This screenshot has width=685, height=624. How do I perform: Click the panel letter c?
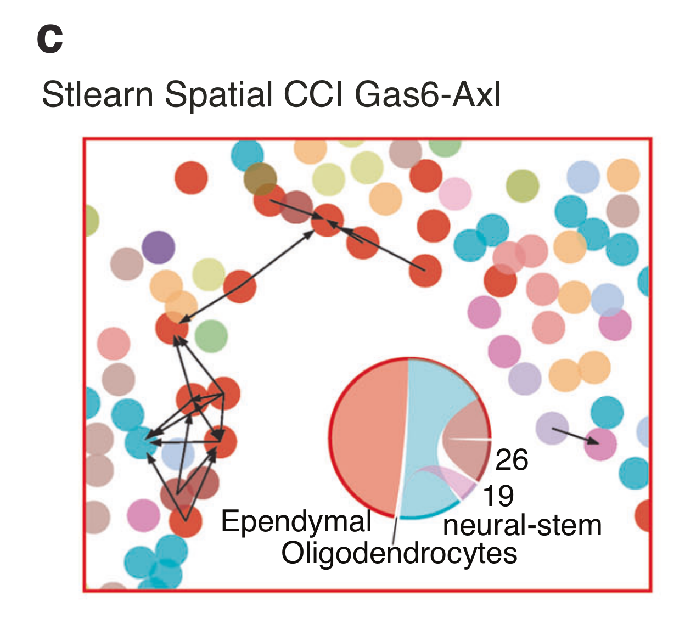click(49, 40)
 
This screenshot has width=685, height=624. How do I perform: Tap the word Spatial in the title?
click(218, 94)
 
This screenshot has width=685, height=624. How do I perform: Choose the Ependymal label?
click(296, 521)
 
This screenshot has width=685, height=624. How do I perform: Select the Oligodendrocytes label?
click(399, 553)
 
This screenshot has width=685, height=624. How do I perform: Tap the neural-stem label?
click(522, 525)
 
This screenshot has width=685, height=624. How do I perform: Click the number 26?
click(512, 459)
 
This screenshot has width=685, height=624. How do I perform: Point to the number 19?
click(498, 496)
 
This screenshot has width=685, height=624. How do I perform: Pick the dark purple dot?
click(158, 247)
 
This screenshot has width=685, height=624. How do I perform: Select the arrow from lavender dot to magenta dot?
click(576, 436)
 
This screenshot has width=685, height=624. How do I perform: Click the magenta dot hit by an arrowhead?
click(600, 444)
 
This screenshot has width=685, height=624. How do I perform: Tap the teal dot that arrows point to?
click(141, 442)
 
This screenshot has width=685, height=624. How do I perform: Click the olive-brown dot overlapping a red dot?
click(260, 178)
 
